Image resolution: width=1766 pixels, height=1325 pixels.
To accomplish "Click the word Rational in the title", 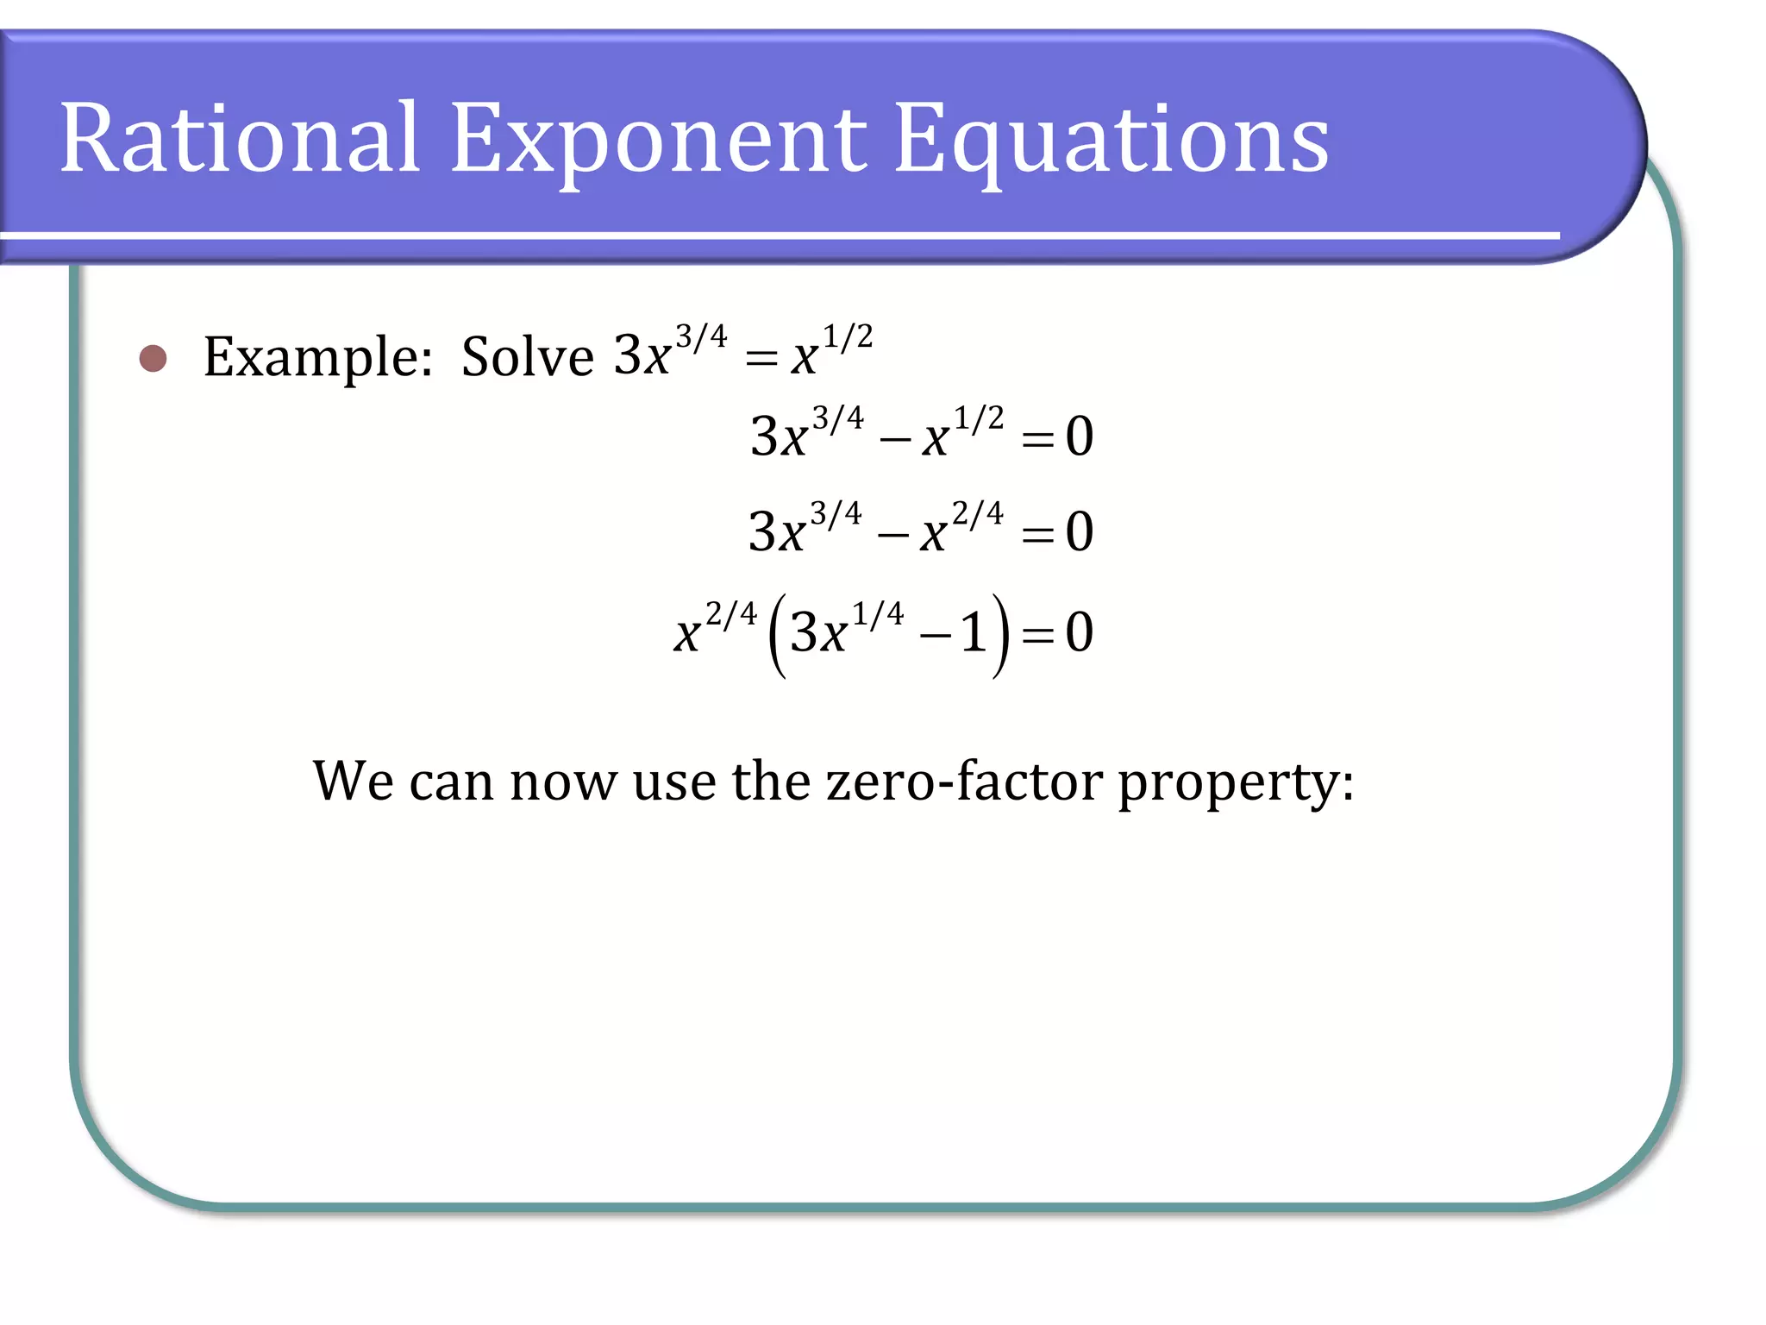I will pyautogui.click(x=240, y=138).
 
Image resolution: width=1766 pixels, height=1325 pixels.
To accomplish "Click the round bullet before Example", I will pyautogui.click(x=153, y=358).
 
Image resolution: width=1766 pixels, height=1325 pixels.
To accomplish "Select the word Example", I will pyautogui.click(x=317, y=356).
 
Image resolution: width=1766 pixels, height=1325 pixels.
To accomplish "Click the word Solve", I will pyautogui.click(x=527, y=356).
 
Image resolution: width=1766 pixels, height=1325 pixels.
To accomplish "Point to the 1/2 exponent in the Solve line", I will pyautogui.click(x=848, y=336).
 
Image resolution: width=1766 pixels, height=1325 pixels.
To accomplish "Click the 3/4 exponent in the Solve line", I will pyautogui.click(x=701, y=336).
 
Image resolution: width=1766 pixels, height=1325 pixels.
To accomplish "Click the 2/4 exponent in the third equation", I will pyautogui.click(x=978, y=513).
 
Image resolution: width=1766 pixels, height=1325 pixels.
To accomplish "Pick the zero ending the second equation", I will pyautogui.click(x=1080, y=436).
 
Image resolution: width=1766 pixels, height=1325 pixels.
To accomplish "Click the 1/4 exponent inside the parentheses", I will pyautogui.click(x=878, y=613).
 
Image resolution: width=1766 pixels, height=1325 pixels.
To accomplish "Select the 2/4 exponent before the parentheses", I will pyautogui.click(x=731, y=613).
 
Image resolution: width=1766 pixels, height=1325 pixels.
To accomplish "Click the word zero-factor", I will pyautogui.click(x=964, y=781).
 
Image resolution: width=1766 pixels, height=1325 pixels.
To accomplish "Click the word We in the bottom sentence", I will pyautogui.click(x=354, y=781).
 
